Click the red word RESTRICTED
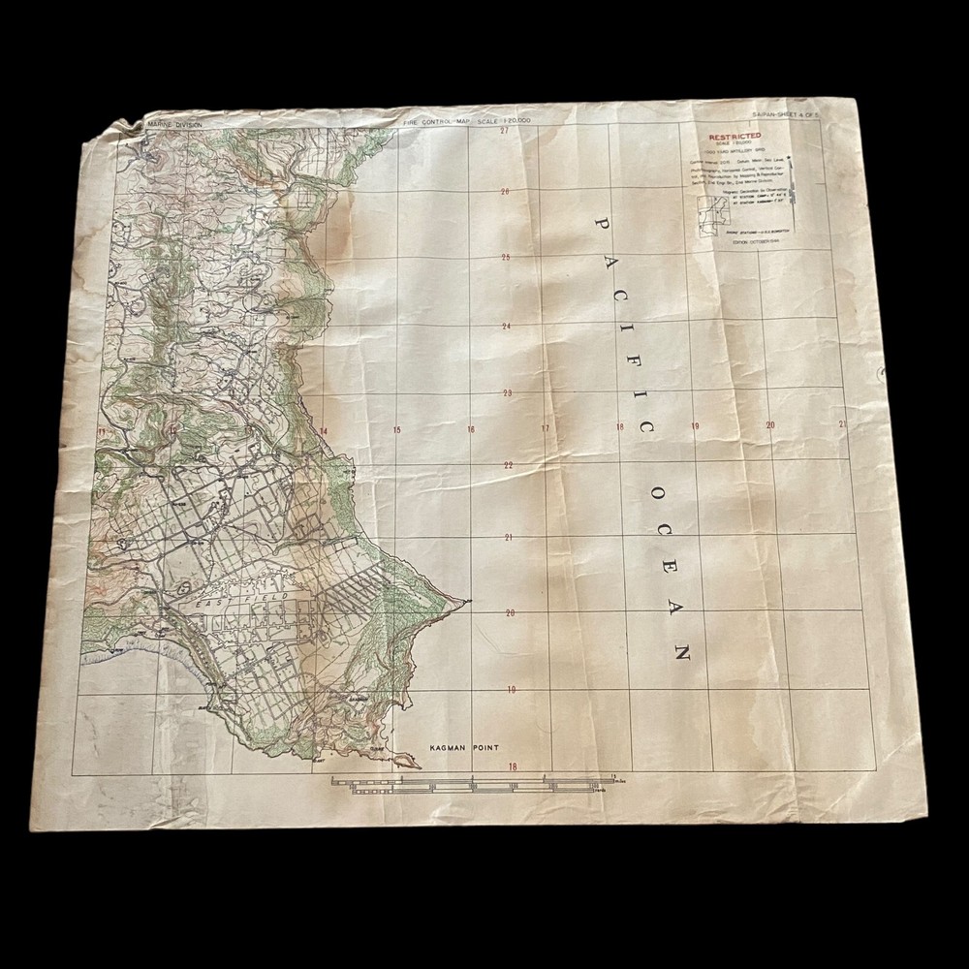[x=735, y=137]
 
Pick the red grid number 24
[x=505, y=327]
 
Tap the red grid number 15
[x=396, y=430]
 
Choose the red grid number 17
[x=545, y=428]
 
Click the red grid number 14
[x=323, y=431]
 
